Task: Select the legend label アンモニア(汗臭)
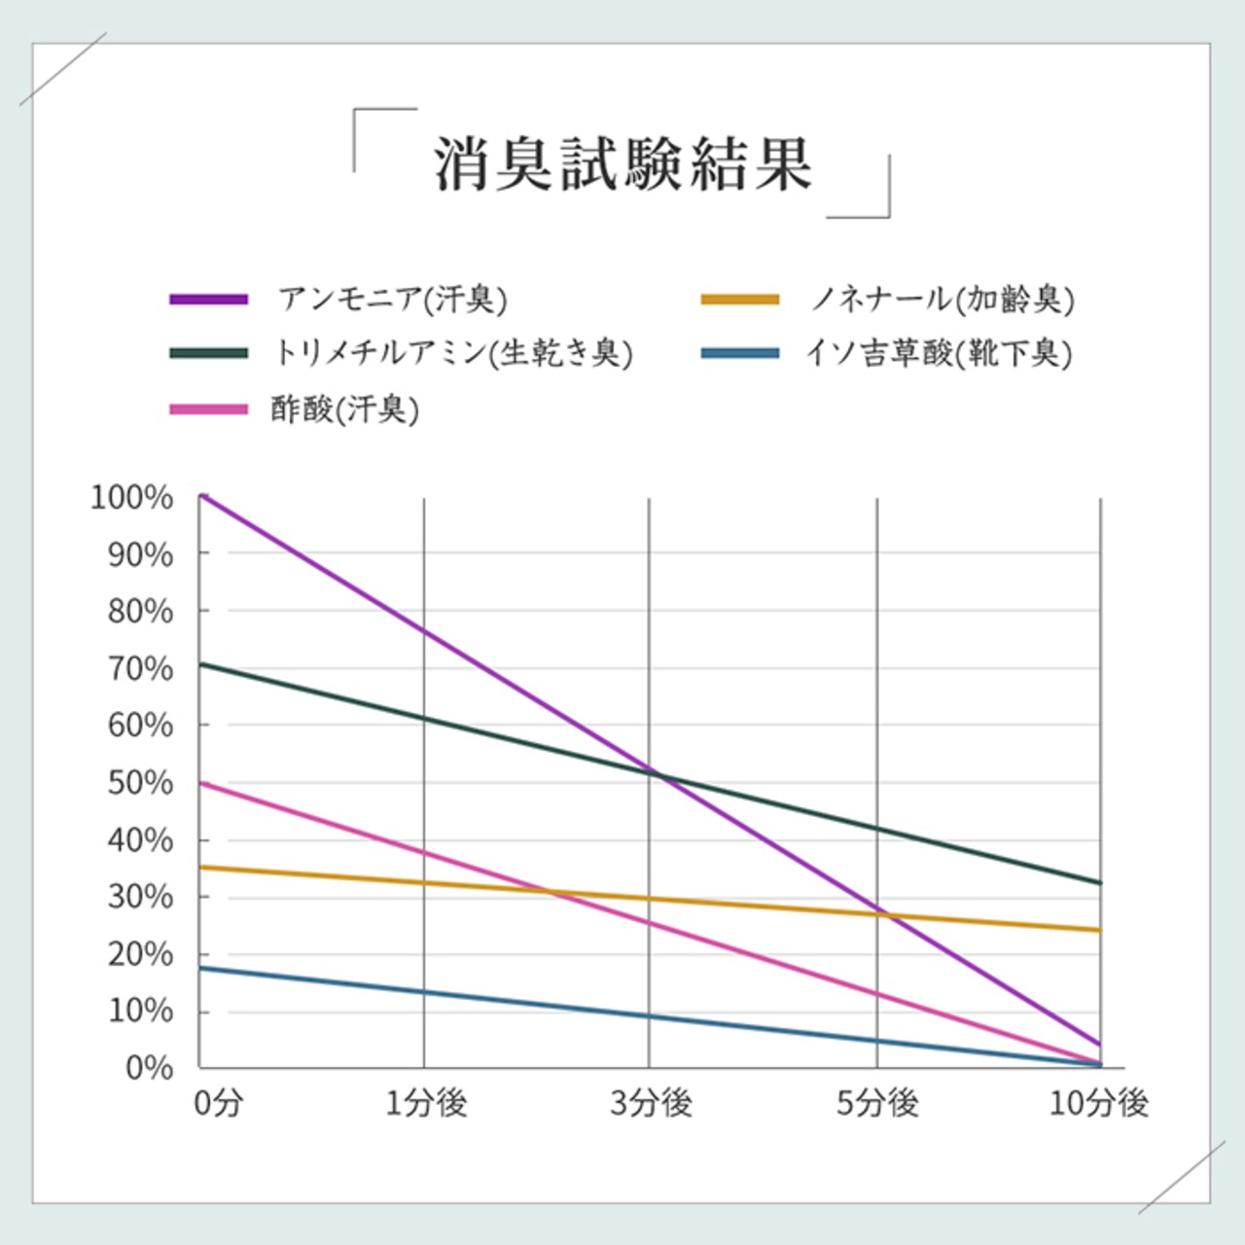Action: click(393, 299)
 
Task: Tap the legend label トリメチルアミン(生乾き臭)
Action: click(453, 352)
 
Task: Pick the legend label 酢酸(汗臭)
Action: click(345, 409)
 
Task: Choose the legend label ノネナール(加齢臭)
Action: click(942, 299)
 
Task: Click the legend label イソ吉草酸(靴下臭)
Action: click(939, 352)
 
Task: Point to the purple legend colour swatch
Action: click(208, 300)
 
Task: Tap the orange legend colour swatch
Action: click(740, 300)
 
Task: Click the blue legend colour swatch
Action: click(740, 353)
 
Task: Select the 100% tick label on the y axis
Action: click(132, 497)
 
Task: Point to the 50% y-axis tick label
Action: click(140, 783)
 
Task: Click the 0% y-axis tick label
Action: click(149, 1068)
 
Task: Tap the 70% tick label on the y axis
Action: click(140, 669)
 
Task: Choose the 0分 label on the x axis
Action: click(218, 1103)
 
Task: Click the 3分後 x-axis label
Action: click(651, 1103)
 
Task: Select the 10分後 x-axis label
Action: click(1099, 1103)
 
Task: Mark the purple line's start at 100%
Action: click(201, 496)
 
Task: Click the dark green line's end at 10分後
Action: click(1100, 883)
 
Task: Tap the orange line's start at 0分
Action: click(201, 867)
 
